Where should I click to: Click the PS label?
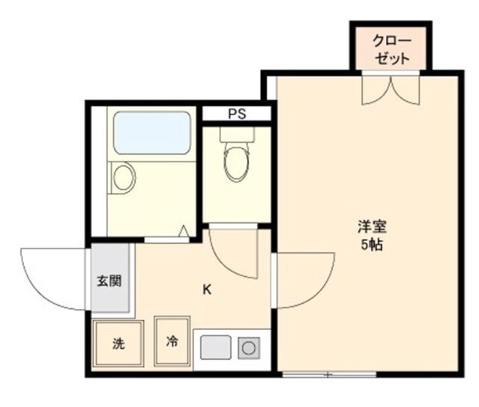(x=237, y=114)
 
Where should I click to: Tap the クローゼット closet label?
(x=392, y=49)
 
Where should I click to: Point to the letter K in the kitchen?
(x=207, y=290)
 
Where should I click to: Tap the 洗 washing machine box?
(x=118, y=344)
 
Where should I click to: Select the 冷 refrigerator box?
(x=172, y=342)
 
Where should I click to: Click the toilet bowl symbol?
(x=236, y=163)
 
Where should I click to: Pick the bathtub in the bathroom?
(x=152, y=132)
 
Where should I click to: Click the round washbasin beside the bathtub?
(x=123, y=177)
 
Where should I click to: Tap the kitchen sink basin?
(x=216, y=348)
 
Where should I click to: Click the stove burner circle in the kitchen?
(x=248, y=348)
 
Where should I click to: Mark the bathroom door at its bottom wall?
(x=165, y=239)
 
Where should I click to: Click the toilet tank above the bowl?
(x=237, y=135)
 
